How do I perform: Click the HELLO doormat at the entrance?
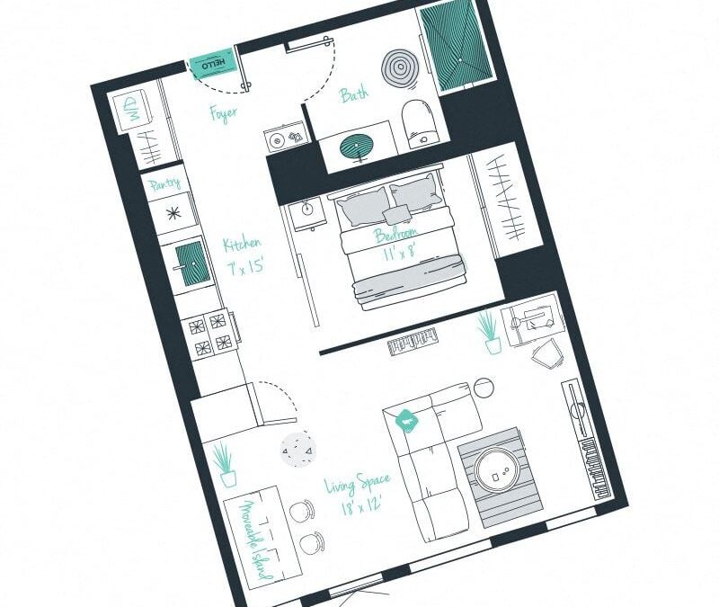tap(213, 66)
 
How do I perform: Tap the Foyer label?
tap(223, 114)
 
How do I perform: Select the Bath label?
tap(353, 94)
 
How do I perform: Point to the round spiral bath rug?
tap(400, 66)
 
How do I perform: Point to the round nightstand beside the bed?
tap(307, 209)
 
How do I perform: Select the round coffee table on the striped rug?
tap(495, 469)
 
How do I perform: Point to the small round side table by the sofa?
tap(484, 388)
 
